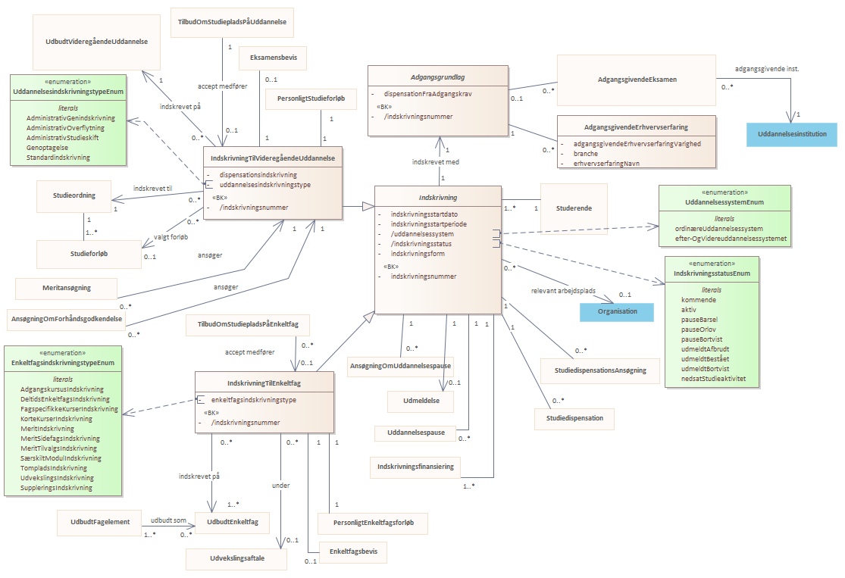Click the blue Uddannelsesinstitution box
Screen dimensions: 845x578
point(792,134)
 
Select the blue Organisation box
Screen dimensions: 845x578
point(617,312)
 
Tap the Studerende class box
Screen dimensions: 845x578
point(574,208)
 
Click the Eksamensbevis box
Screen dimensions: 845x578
point(274,58)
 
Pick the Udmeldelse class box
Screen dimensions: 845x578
point(421,401)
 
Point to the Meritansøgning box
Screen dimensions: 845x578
point(66,288)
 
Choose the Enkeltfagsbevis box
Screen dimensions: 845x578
point(353,552)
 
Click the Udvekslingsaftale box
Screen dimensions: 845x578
point(236,559)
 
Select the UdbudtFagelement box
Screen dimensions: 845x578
point(100,523)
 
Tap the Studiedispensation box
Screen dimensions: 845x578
point(574,419)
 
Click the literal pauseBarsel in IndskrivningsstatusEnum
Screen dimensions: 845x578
point(699,320)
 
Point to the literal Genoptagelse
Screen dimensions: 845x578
point(48,148)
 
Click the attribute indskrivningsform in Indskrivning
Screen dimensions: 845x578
point(418,254)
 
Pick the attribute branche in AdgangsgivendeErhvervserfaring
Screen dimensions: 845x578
point(585,154)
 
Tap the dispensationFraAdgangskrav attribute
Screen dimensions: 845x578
point(428,94)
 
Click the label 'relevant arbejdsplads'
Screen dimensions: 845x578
point(563,291)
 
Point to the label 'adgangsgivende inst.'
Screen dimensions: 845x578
point(767,69)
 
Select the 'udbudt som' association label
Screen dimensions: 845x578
point(168,520)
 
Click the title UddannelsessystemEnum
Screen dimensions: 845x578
point(725,202)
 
